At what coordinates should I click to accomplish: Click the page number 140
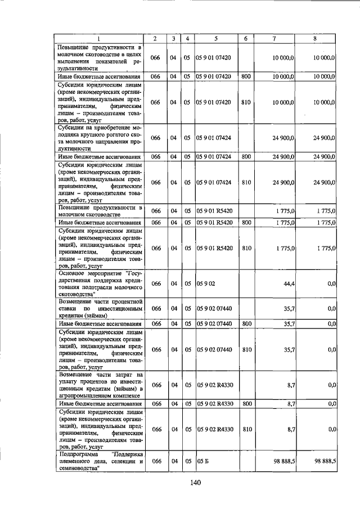[195, 482]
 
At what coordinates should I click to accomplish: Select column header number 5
[215, 38]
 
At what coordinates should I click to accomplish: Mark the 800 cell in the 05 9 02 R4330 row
[246, 404]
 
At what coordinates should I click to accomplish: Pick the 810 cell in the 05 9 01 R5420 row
[246, 248]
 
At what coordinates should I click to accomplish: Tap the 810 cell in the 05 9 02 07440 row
[246, 349]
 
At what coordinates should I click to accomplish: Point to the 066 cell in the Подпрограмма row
[156, 461]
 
